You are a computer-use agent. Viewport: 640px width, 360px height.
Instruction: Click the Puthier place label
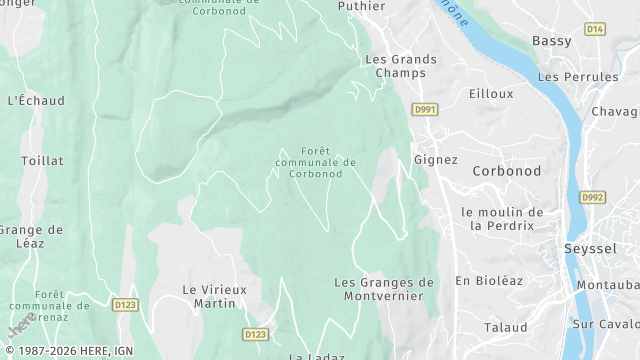pos(361,6)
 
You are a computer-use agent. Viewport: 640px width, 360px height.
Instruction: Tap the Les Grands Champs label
pos(401,66)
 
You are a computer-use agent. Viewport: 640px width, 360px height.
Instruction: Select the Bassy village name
pos(552,41)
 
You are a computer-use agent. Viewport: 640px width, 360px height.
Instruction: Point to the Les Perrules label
pos(578,77)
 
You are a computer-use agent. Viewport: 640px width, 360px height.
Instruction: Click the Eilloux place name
pos(490,93)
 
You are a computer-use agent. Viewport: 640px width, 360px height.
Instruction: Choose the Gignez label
pos(435,159)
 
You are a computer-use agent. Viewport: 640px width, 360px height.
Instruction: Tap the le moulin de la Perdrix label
pos(502,218)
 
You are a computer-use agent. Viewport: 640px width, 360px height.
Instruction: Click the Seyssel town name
pos(590,248)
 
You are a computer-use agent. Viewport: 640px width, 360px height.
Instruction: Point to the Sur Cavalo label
pos(606,324)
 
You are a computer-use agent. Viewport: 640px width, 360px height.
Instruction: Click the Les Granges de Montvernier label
pos(384,289)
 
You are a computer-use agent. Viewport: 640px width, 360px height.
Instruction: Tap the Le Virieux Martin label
pos(209,295)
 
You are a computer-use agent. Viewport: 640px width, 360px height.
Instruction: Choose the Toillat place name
pos(42,160)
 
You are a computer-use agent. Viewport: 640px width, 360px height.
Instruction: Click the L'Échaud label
pos(36,100)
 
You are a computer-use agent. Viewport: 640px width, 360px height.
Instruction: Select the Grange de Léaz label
pos(30,236)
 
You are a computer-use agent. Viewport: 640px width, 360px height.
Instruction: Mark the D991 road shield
pos(426,109)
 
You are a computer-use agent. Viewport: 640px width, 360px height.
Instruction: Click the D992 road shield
pos(594,197)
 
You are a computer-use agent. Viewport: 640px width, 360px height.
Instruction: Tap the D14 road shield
pos(595,29)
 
